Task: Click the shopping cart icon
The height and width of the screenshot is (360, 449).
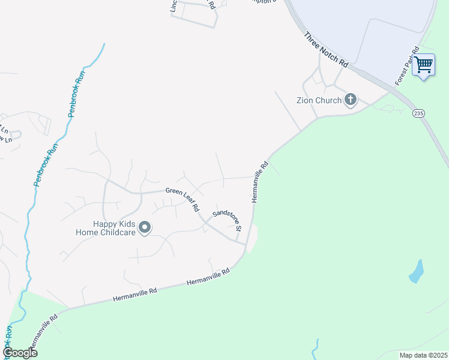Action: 424,65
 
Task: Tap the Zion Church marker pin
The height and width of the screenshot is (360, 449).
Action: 350,100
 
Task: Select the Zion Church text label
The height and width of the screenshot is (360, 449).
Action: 319,100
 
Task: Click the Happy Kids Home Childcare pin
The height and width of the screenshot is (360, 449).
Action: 145,227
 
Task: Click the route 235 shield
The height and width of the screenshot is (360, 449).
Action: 418,113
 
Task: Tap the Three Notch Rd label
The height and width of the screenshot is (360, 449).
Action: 326,49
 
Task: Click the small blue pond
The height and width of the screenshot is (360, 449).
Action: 416,271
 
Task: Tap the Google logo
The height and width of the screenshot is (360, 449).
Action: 20,353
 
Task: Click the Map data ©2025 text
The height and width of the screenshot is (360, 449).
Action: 423,355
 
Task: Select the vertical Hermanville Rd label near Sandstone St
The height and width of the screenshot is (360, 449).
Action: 259,181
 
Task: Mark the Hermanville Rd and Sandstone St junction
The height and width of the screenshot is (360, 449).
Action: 246,244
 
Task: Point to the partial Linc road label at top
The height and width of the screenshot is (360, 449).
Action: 173,6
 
